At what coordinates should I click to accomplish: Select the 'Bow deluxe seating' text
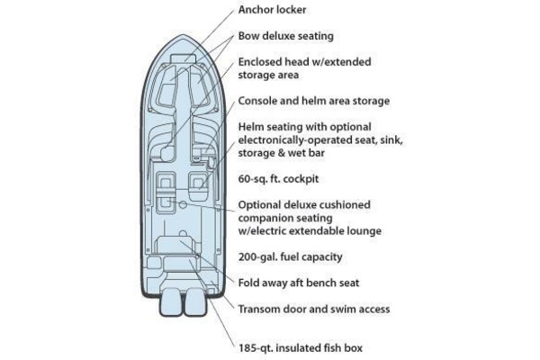[x=285, y=37]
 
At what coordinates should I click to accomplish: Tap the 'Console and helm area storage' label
[x=313, y=101]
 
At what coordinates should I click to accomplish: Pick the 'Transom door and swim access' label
[x=313, y=309]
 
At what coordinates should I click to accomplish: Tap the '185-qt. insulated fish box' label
[x=301, y=346]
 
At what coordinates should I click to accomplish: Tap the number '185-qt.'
[x=257, y=346]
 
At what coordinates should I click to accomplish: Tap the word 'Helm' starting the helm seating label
[x=253, y=127]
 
